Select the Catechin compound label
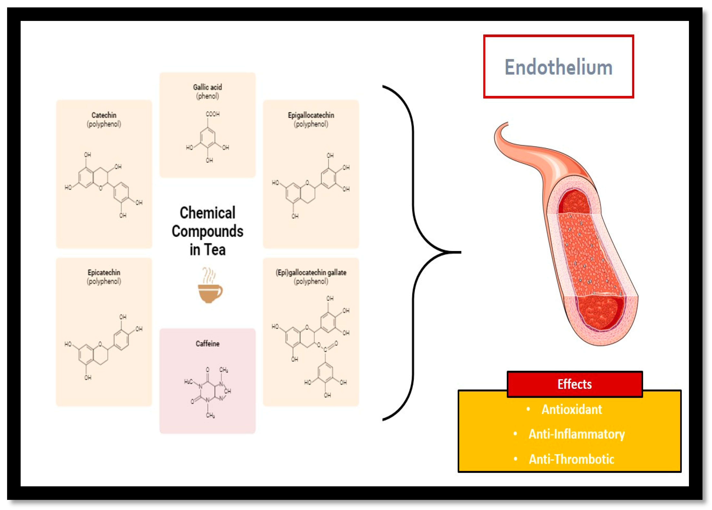tap(104, 115)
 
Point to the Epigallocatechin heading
tap(311, 115)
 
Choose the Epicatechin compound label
tap(104, 272)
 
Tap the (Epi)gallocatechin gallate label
tap(311, 272)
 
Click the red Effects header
tap(574, 384)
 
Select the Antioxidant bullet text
tap(571, 409)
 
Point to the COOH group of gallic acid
tap(213, 114)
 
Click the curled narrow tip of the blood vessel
tap(504, 126)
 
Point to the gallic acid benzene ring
tap(208, 138)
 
